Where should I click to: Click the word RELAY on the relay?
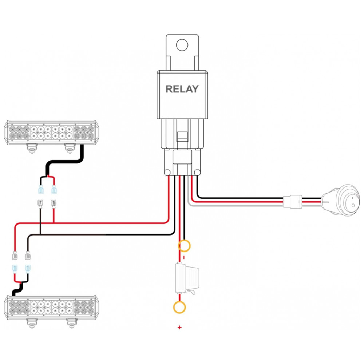[x=182, y=89]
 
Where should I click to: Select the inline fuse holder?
[x=187, y=278]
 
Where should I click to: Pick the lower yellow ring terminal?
[x=179, y=307]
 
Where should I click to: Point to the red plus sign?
[x=179, y=328]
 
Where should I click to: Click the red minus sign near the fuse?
[x=184, y=257]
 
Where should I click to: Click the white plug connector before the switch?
[x=292, y=201]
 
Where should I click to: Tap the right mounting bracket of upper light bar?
[x=70, y=148]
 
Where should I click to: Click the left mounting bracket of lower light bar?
[x=32, y=322]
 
